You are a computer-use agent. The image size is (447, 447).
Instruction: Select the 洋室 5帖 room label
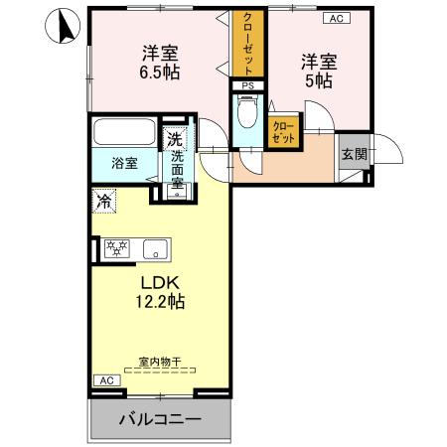tap(319, 71)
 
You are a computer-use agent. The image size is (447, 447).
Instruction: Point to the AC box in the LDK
tap(106, 380)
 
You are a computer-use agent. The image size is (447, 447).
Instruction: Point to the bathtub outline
tap(124, 133)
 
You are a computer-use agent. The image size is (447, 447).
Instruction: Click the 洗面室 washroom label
tap(177, 169)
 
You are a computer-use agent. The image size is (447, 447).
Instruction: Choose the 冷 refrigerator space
tap(104, 201)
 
